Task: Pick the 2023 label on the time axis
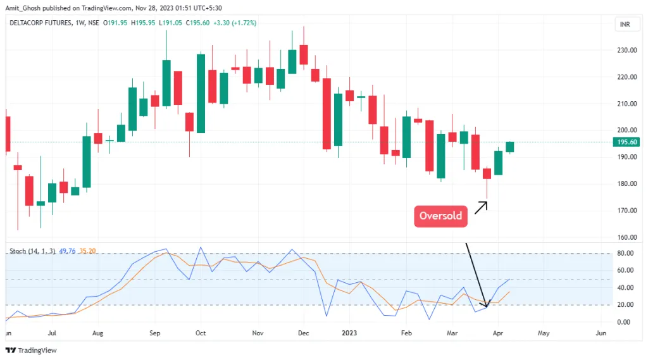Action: (x=349, y=332)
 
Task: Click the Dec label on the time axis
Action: (x=303, y=332)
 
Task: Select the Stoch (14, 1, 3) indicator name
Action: (x=30, y=251)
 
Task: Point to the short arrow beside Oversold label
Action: (x=481, y=207)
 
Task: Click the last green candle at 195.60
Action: (x=510, y=147)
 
